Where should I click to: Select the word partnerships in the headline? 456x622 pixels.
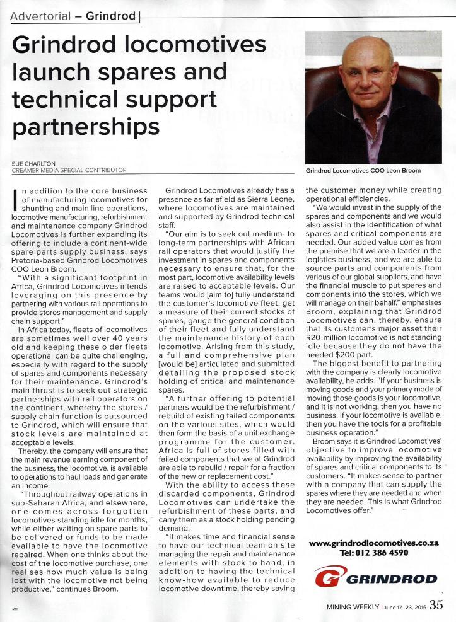(x=85, y=127)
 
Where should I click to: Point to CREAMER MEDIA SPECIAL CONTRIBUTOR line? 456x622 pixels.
(x=69, y=170)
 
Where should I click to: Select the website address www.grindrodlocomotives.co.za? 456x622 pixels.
(x=374, y=543)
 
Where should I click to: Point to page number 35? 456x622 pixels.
(x=436, y=606)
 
